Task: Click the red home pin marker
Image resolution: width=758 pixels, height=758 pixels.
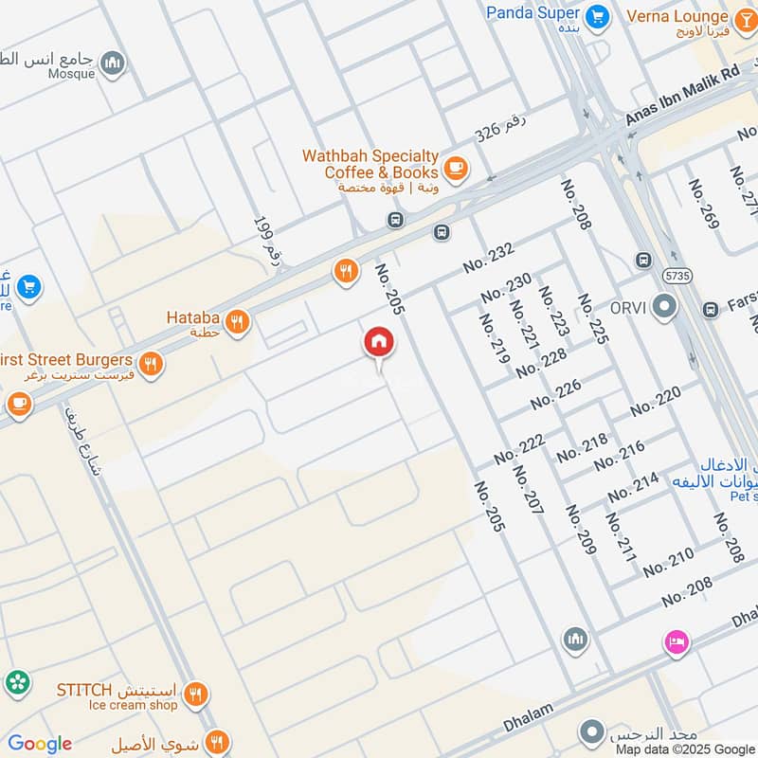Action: coord(379,343)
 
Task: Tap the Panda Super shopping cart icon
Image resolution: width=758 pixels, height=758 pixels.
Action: coord(596,15)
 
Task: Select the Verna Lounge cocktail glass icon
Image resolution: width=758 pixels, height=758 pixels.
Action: coord(744,16)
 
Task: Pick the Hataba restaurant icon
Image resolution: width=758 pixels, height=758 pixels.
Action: coord(237,320)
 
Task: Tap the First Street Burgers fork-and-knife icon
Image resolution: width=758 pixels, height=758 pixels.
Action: coord(150,363)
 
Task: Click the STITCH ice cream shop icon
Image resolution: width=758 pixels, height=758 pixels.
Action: coord(196,695)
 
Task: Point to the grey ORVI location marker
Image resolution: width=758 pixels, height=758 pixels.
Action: coord(665,306)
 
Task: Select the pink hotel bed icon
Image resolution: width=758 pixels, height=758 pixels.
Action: coord(676,641)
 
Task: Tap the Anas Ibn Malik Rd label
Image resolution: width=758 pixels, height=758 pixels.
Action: coord(681,98)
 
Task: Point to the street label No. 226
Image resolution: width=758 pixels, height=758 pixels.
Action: coord(555,395)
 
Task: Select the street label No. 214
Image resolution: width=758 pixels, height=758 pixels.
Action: coord(633,487)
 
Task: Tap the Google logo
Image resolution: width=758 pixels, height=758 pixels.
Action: coord(40,744)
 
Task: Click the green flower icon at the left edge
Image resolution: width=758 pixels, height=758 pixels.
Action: coord(16,681)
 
